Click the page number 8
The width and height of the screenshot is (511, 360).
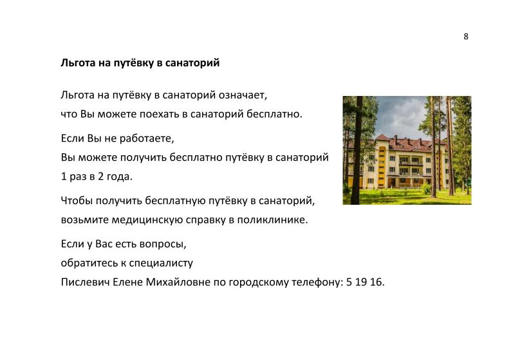click(466, 36)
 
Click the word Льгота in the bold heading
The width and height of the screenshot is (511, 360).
click(77, 63)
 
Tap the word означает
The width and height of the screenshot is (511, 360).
click(241, 95)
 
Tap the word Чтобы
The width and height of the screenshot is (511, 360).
click(76, 200)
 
